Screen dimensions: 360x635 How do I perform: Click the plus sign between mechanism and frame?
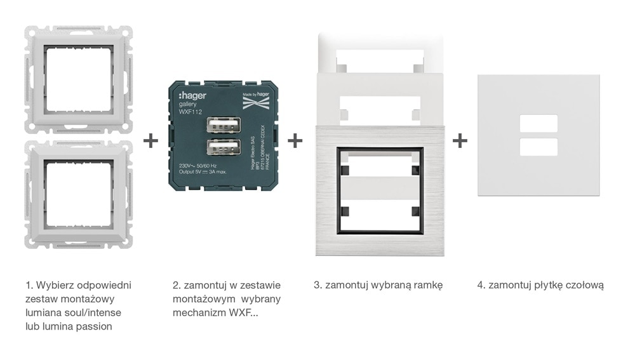pos(295,140)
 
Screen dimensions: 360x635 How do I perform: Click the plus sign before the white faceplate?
pos(460,140)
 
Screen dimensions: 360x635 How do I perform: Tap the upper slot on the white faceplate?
pos(538,123)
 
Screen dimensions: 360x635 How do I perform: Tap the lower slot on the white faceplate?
pos(538,147)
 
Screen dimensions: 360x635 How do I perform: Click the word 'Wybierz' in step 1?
pos(54,285)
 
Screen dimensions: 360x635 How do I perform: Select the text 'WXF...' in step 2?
pos(244,313)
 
